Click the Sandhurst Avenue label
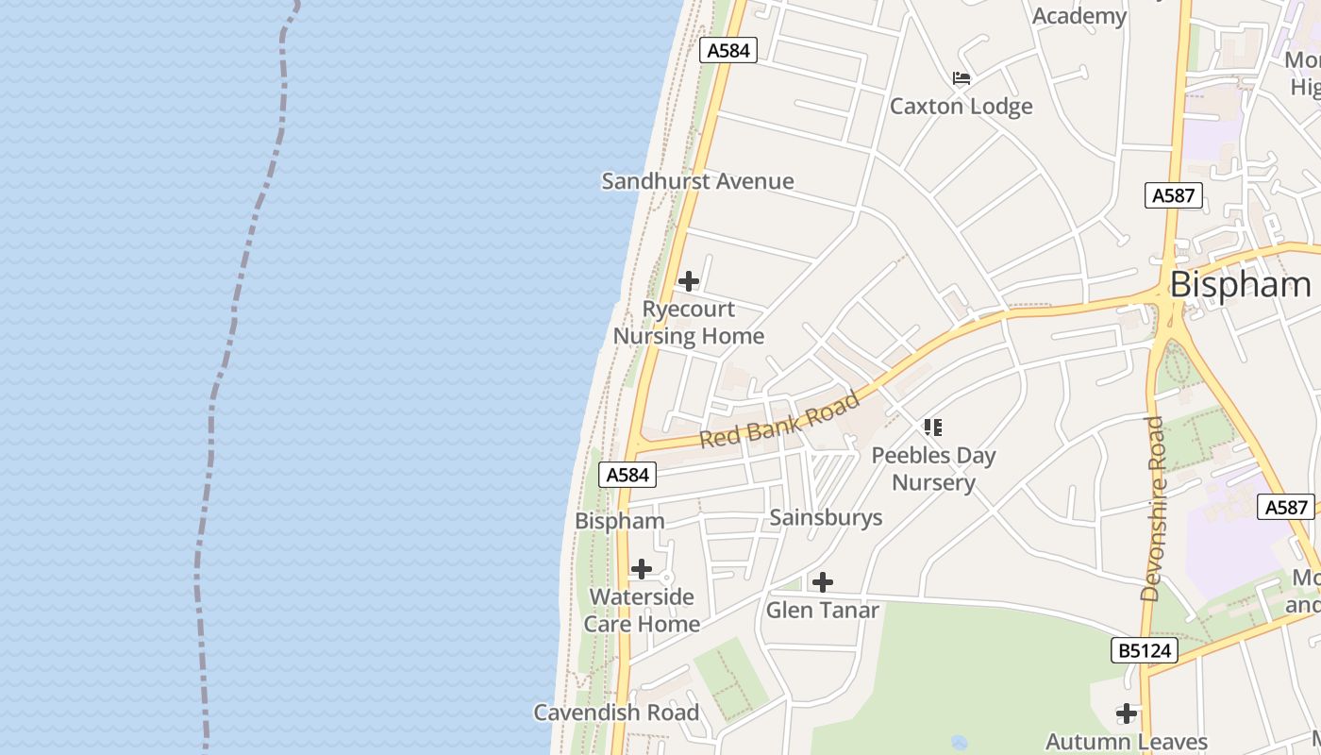click(x=697, y=181)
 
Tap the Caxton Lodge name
click(x=961, y=106)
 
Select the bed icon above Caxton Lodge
click(x=961, y=77)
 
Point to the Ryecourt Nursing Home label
click(x=689, y=323)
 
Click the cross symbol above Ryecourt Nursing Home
click(x=689, y=280)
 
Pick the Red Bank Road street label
click(x=780, y=420)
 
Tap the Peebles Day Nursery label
click(x=933, y=469)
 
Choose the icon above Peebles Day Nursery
click(x=933, y=428)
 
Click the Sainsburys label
click(x=826, y=517)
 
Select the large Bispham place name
click(x=1240, y=284)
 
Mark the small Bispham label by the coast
click(x=620, y=521)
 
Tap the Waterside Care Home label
click(x=642, y=611)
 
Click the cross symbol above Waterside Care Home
click(x=642, y=569)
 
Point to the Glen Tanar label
click(x=822, y=610)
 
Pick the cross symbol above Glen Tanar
click(x=823, y=582)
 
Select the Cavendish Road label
click(x=616, y=713)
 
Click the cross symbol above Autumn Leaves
click(x=1126, y=713)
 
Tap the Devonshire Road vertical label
click(x=1152, y=509)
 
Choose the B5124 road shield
click(x=1145, y=649)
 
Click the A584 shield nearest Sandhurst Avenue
click(x=728, y=50)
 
